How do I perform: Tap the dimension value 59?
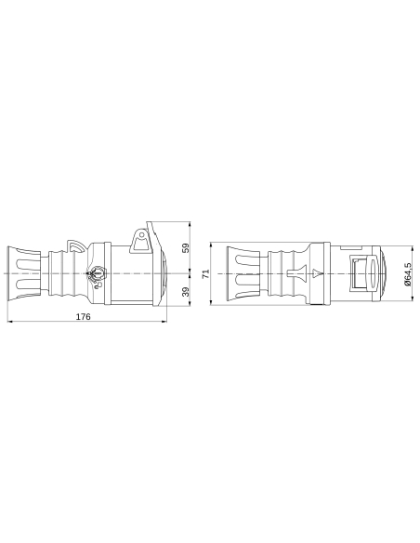click(x=185, y=248)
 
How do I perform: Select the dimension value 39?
click(x=185, y=293)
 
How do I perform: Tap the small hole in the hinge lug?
click(x=141, y=234)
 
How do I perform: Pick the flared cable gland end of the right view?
click(x=234, y=273)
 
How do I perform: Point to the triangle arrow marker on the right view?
click(x=319, y=273)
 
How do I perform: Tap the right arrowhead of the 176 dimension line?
click(x=166, y=323)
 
